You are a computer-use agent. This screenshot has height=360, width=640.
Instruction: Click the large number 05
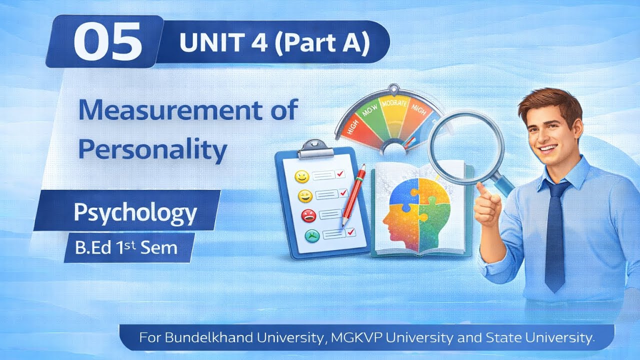tap(108, 43)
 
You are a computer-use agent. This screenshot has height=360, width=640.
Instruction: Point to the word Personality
tap(152, 148)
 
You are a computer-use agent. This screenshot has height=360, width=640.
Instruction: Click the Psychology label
tap(135, 212)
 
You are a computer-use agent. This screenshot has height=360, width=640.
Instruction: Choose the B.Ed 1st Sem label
tap(126, 247)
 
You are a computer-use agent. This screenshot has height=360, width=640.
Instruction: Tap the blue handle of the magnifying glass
tap(503, 183)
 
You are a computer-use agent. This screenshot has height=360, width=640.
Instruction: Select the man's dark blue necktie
tap(555, 235)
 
